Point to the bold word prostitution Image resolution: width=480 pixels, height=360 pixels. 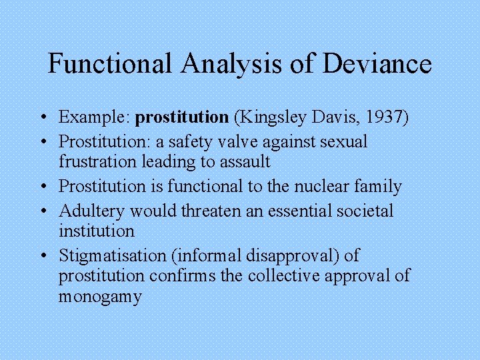pos(181,117)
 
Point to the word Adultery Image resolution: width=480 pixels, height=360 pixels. pos(92,211)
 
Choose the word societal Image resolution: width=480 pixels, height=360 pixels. pos(360,211)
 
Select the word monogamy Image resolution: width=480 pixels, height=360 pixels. pos(100,296)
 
